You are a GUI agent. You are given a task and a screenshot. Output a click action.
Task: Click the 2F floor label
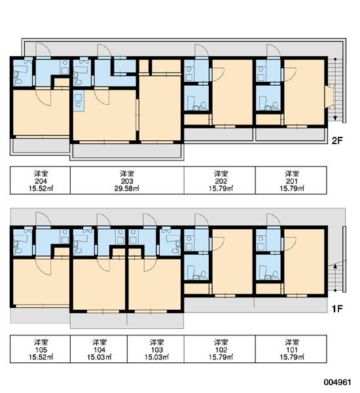(337, 141)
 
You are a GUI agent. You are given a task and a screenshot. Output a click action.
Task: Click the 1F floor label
(337, 309)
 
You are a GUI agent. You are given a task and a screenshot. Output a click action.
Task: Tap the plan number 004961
(338, 383)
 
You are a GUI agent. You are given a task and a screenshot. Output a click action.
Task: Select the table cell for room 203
(127, 180)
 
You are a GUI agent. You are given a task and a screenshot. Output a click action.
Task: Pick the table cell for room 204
(40, 180)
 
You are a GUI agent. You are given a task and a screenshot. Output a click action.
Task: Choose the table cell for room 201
(291, 180)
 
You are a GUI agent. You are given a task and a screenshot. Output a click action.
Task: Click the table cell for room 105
(40, 349)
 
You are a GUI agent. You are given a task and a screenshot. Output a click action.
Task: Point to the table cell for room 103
(156, 349)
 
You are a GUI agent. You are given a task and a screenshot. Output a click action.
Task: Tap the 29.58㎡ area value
(127, 189)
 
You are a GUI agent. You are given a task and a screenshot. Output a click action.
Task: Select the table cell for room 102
(220, 349)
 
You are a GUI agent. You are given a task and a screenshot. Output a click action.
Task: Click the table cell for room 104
(99, 349)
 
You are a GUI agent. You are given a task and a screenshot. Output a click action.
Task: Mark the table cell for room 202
(220, 180)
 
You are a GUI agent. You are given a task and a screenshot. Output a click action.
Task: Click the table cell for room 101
(291, 349)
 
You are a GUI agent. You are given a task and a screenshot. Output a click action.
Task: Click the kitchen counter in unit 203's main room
(79, 101)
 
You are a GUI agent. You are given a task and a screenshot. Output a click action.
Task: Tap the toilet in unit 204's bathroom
(17, 78)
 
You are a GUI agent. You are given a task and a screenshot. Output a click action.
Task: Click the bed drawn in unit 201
(330, 96)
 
